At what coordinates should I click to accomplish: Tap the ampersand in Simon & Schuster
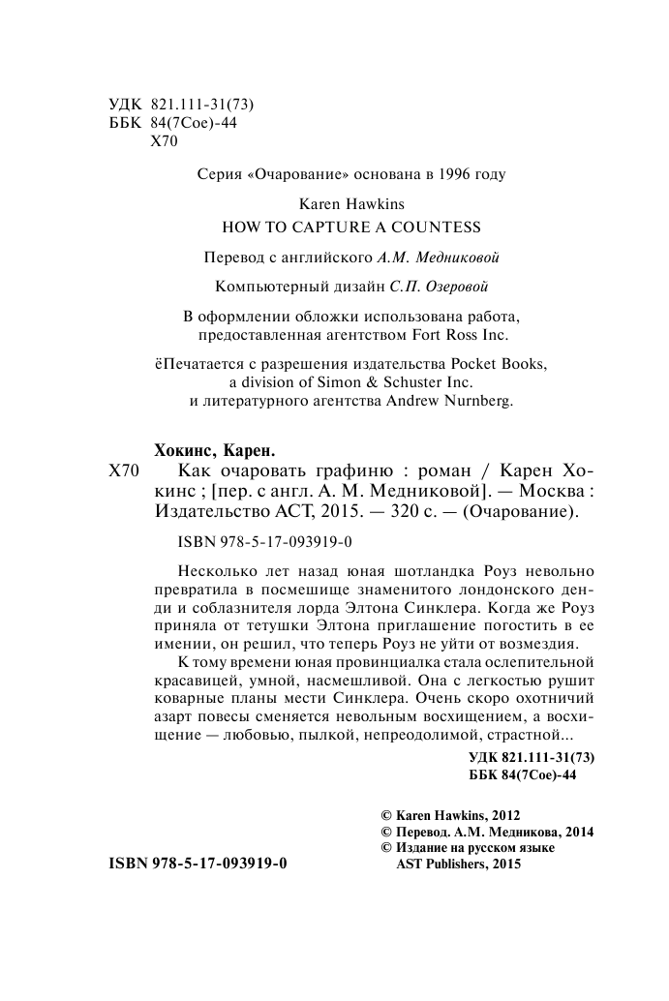pos(349,381)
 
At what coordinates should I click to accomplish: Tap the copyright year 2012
pos(502,815)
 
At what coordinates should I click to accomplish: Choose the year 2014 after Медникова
pos(574,832)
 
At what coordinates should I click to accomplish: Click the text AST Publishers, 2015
pos(453,865)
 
